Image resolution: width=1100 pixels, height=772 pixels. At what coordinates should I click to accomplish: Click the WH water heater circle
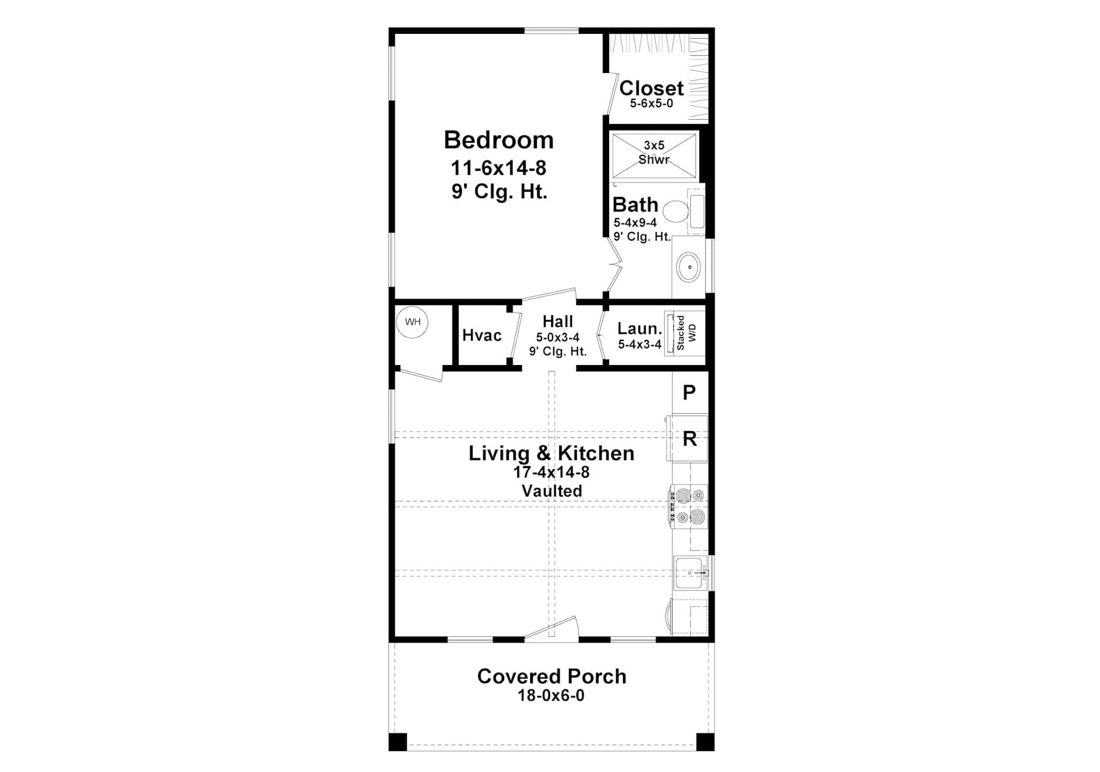click(412, 322)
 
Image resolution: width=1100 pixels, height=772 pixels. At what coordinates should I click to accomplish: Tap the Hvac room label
click(482, 336)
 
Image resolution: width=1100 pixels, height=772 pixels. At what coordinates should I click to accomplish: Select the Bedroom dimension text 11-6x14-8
click(498, 169)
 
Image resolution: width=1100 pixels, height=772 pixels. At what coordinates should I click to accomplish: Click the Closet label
click(652, 88)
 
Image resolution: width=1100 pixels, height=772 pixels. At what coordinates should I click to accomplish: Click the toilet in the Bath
click(676, 212)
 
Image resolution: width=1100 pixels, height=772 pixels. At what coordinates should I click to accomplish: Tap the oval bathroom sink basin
click(689, 267)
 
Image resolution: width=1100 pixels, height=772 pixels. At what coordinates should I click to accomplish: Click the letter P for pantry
click(689, 392)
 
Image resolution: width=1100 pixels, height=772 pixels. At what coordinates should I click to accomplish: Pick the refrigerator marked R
click(689, 439)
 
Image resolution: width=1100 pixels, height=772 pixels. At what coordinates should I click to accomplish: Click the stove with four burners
click(690, 506)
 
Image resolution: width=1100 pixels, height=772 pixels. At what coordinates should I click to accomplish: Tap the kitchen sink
click(690, 573)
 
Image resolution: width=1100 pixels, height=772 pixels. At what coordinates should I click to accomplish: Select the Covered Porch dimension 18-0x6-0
click(551, 696)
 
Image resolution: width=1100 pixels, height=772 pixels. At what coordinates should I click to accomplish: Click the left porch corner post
click(397, 741)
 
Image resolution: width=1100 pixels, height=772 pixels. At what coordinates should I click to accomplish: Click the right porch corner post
click(705, 741)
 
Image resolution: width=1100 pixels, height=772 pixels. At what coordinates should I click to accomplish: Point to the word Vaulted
click(552, 491)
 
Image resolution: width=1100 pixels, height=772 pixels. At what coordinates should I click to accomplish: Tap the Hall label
click(558, 321)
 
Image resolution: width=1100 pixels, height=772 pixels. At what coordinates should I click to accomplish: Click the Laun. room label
click(639, 329)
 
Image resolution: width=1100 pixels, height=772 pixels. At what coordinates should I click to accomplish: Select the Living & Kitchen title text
click(551, 453)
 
